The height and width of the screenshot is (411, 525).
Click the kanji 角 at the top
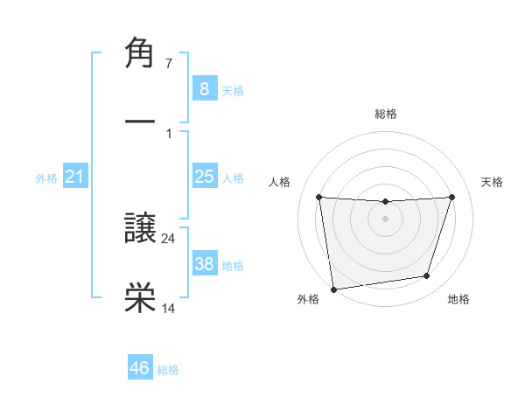coord(141,52)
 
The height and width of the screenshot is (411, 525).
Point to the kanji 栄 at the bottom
coord(141,297)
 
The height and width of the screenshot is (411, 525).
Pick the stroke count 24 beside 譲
coord(169,238)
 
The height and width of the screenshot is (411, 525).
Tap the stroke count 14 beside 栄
coord(169,307)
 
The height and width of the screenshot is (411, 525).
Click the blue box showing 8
coord(205,88)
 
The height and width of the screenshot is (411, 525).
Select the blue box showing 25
coord(205,177)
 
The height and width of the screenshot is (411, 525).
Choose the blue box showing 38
coord(205,264)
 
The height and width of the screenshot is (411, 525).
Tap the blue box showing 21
coord(75,178)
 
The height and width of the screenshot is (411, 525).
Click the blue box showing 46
coord(140,368)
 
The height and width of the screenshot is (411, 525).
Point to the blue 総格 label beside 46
coord(168,370)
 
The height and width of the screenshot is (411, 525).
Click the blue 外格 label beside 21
coord(46,178)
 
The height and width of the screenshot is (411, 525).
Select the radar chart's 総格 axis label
coord(386,114)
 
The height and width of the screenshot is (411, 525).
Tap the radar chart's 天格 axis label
coord(492,182)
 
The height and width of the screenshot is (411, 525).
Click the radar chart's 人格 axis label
coord(280,182)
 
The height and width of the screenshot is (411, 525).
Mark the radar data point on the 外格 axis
coord(333,289)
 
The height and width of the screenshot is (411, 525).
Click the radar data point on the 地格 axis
coord(427,276)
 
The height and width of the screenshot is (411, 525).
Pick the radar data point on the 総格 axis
coord(386,202)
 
